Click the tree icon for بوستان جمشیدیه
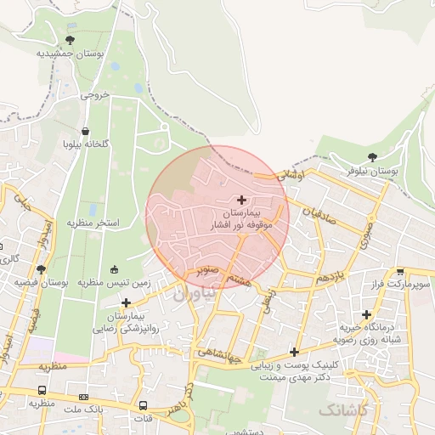[x=70, y=40]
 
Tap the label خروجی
[x=95, y=95]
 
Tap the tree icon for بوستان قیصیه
[x=40, y=269]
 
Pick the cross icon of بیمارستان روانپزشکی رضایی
[x=126, y=302]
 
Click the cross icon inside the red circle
[x=242, y=199]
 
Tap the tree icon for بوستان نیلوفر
[x=372, y=157]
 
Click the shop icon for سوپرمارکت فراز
[x=400, y=272]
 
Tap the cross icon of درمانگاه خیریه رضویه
[x=366, y=314]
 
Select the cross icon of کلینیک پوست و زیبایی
[x=294, y=352]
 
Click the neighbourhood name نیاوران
[x=193, y=293]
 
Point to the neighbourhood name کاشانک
[x=343, y=410]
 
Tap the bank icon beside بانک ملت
[x=83, y=397]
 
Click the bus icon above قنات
[x=143, y=405]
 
